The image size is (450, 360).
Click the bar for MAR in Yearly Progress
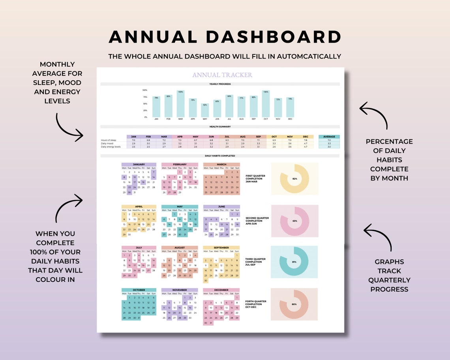coord(180,104)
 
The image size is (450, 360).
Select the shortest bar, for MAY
coord(204,111)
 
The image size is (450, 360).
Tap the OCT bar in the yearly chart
coord(266,104)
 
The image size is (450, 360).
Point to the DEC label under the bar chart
coord(290,119)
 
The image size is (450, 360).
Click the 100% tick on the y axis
coord(145,90)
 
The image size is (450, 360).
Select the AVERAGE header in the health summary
coord(329,137)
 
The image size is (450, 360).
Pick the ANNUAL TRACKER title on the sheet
coord(222,75)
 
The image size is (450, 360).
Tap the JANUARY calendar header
coord(139,164)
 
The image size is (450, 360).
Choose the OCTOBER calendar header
coord(139,290)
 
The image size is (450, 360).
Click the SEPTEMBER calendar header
coord(221,248)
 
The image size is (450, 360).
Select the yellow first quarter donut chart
coord(294,179)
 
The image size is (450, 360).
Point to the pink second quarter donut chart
coord(294,221)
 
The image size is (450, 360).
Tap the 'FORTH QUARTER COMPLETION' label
coord(256,303)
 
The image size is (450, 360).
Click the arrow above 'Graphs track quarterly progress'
coord(379,236)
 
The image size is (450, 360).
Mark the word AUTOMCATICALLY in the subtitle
coord(309,56)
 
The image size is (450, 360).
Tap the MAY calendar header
coord(180,206)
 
